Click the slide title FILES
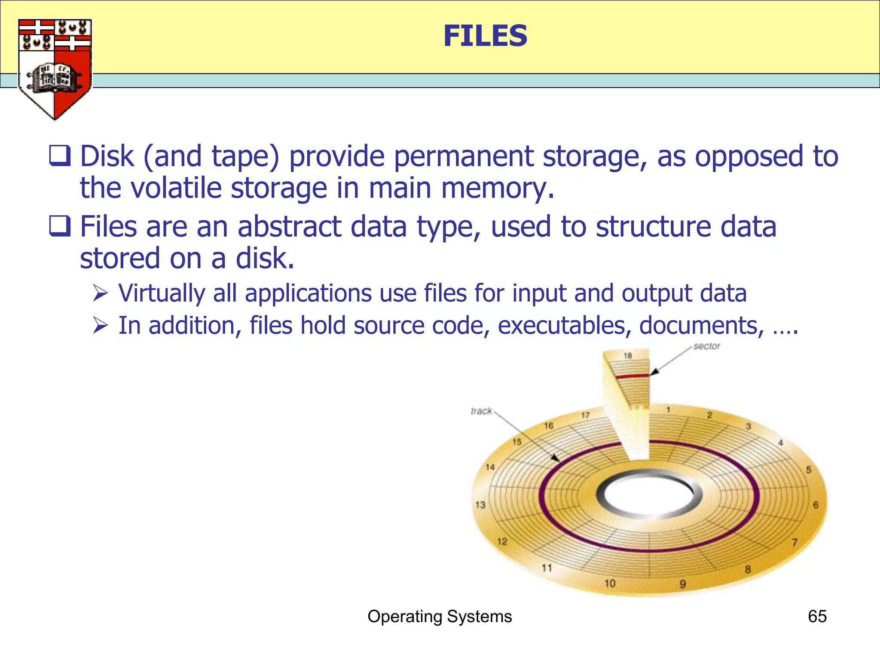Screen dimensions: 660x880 point(485,36)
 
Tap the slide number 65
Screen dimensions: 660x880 point(817,617)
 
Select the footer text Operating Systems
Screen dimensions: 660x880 point(440,617)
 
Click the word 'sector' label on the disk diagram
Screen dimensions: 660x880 point(706,346)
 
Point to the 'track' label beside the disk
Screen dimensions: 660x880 point(481,411)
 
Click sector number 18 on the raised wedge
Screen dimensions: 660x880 point(628,356)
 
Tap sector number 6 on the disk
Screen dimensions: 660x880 point(816,505)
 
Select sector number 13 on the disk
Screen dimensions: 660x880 point(480,505)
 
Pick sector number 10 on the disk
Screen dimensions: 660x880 point(610,584)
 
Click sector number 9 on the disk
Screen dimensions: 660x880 point(683,584)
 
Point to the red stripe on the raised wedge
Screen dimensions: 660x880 point(632,376)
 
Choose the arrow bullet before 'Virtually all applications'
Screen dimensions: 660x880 point(101,293)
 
